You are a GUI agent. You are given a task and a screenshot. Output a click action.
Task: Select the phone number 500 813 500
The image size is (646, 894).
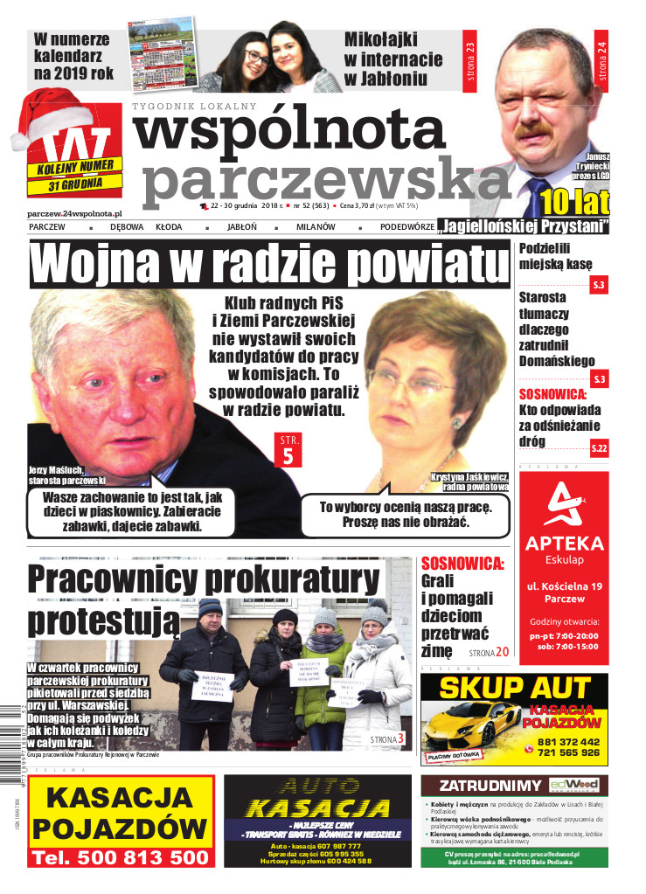coord(121,857)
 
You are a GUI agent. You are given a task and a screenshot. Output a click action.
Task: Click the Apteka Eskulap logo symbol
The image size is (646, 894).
coord(563,506)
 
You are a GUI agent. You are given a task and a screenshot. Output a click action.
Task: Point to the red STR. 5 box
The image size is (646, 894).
coord(288,449)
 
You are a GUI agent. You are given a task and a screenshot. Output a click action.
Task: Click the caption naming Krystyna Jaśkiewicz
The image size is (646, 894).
coord(469,482)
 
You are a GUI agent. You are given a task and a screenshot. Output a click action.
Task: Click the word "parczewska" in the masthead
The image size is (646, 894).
coord(323,178)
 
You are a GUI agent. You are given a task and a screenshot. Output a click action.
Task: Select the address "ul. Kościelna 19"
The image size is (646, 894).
coord(564,583)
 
